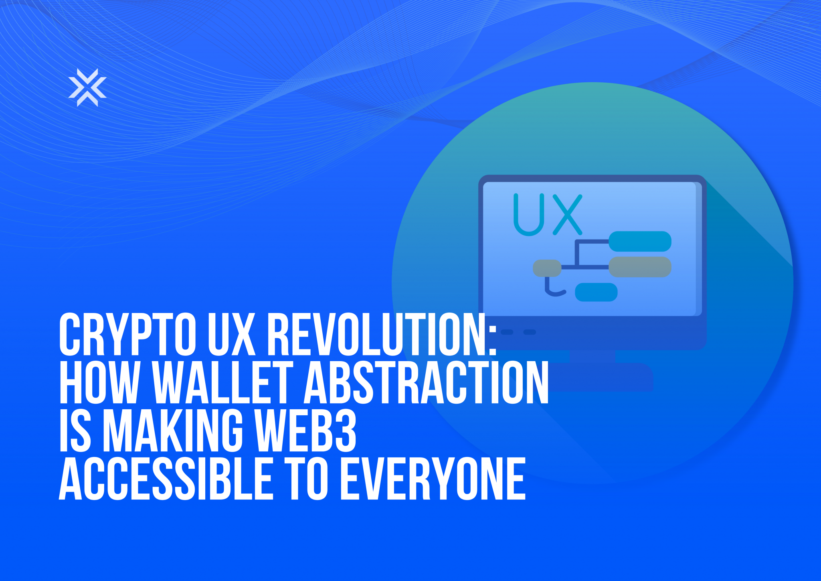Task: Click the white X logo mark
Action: pyautogui.click(x=87, y=87)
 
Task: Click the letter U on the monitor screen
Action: pyautogui.click(x=529, y=215)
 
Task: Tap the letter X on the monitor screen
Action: pyautogui.click(x=567, y=215)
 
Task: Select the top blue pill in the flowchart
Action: pyautogui.click(x=640, y=242)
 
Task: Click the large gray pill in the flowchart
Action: pyautogui.click(x=640, y=267)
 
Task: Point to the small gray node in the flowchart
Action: pyautogui.click(x=547, y=268)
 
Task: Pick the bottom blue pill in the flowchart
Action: pyautogui.click(x=596, y=292)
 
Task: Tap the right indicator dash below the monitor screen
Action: pyautogui.click(x=530, y=332)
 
